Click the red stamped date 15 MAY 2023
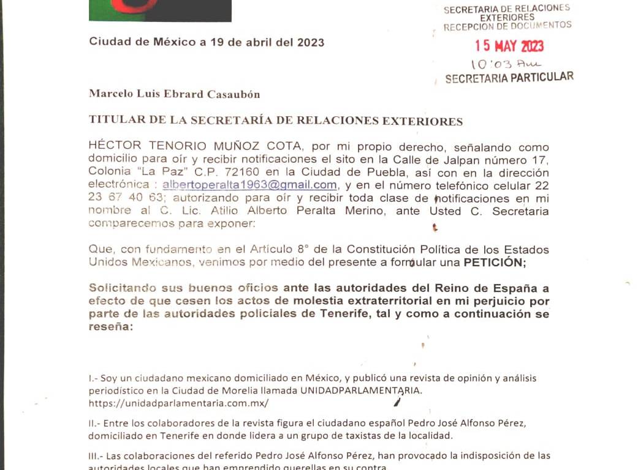509,46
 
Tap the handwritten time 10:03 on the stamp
487,64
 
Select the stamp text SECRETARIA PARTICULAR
509,78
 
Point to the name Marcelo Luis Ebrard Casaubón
175,94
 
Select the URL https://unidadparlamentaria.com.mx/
178,403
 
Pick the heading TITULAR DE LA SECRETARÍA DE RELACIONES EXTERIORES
276,121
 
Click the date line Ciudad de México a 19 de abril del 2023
207,42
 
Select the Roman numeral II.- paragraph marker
95,423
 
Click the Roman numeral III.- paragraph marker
97,456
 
